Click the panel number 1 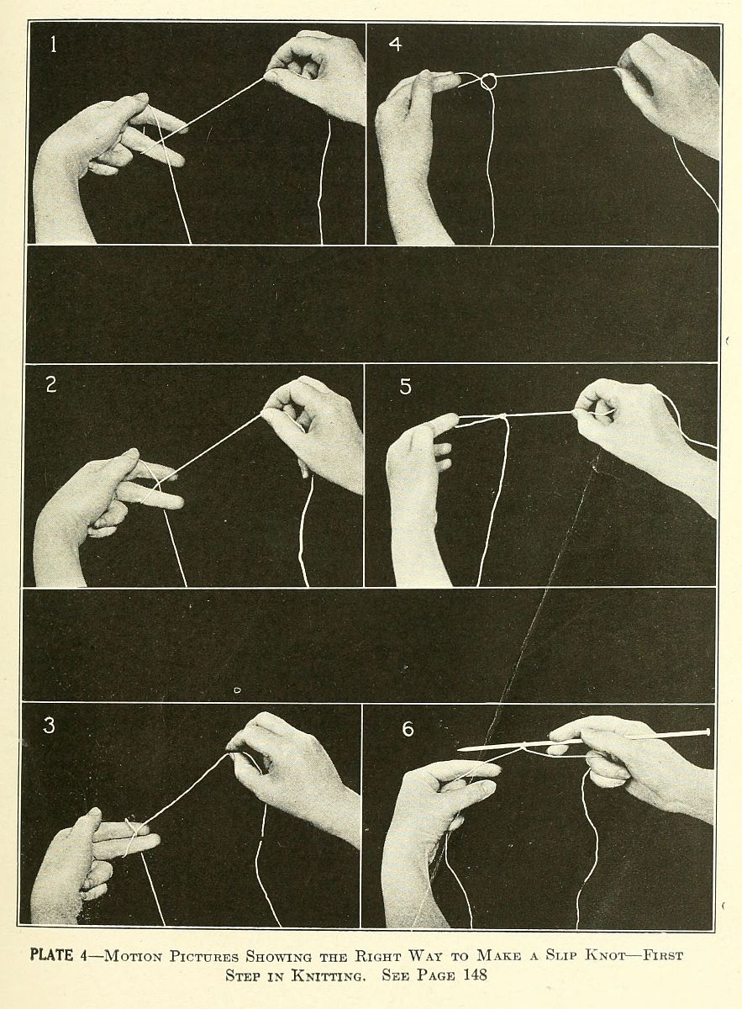[x=54, y=45]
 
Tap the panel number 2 [x=51, y=385]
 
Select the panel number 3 [x=49, y=725]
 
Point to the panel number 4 [x=395, y=44]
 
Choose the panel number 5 [x=406, y=387]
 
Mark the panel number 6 [x=408, y=729]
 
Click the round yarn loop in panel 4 [x=488, y=82]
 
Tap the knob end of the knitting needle [x=708, y=732]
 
